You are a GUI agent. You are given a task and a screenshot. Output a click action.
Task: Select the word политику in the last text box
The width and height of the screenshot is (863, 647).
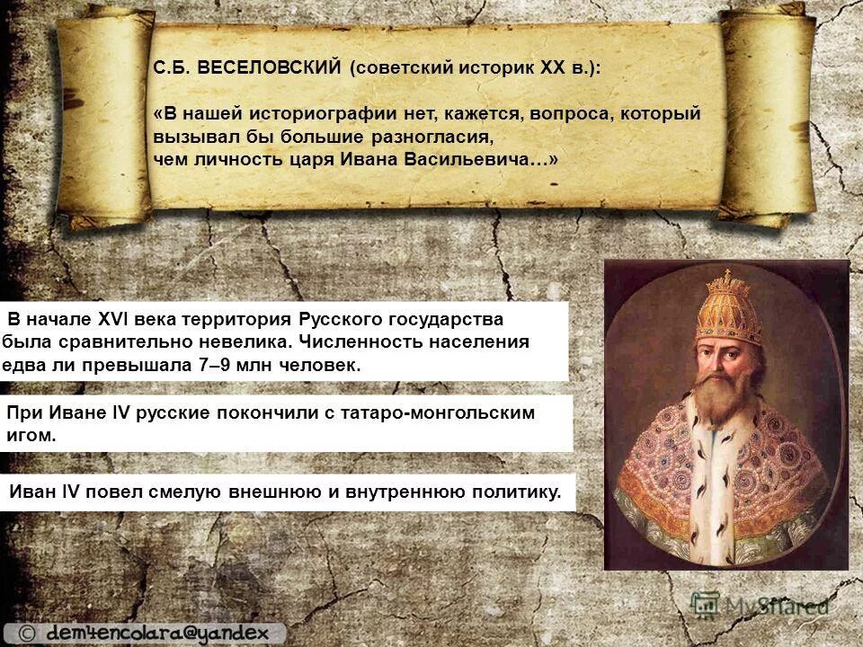click(x=515, y=492)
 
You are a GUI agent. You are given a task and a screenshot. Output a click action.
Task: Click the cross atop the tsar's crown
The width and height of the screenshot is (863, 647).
click(x=726, y=273)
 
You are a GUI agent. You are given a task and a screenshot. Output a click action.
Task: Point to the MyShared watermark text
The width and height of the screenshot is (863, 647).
click(x=775, y=605)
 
